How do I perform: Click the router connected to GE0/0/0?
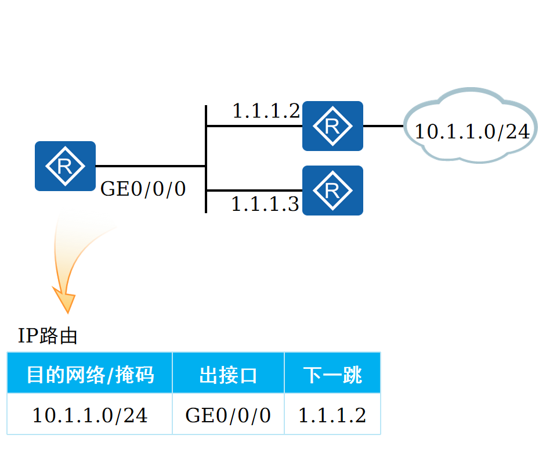point(65,166)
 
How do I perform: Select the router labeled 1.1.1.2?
point(332,126)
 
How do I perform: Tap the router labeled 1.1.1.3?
point(332,191)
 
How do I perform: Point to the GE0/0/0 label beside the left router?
point(143,189)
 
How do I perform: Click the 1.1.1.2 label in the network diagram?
point(266,110)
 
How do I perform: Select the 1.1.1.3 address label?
point(265,204)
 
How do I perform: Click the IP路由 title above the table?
point(48,336)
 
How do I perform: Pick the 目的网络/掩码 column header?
point(90,375)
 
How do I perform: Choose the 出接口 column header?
point(228,375)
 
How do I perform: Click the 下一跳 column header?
point(332,375)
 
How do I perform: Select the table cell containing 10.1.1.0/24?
point(90,415)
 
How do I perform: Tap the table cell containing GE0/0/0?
point(228,415)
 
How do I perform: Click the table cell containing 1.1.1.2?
point(332,415)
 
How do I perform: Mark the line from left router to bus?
point(151,166)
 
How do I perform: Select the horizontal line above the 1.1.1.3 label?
point(254,191)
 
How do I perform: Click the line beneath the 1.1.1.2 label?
point(254,126)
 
